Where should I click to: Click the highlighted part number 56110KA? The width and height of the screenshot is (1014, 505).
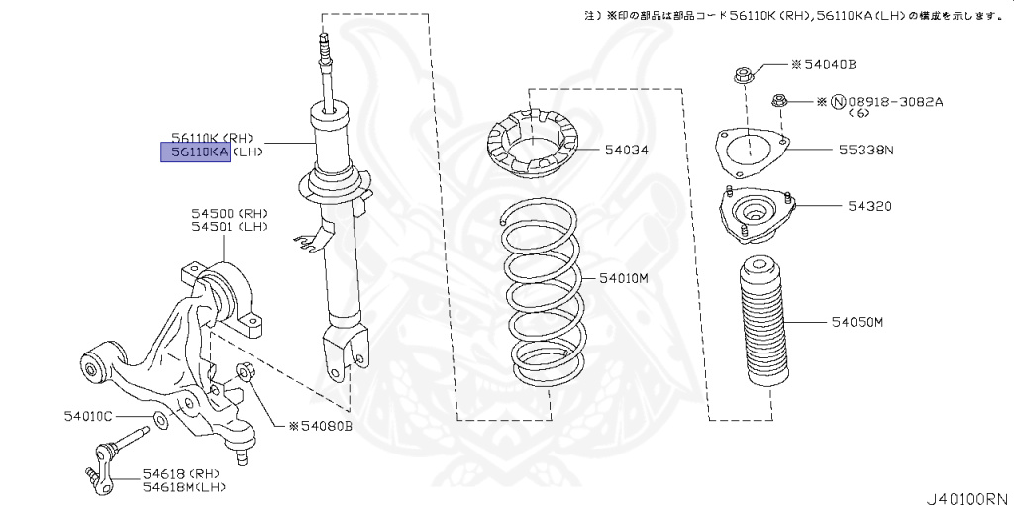(196, 151)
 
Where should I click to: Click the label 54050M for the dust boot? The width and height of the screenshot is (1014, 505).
(857, 323)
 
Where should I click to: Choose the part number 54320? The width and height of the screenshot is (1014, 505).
(869, 207)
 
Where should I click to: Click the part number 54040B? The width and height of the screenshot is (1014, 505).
(828, 65)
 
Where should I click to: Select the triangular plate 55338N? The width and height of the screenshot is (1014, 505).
(750, 151)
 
